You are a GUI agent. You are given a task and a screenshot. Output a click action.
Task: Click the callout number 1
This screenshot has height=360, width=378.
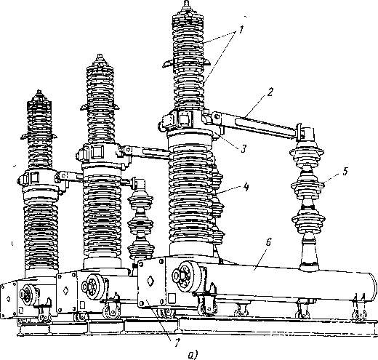tap(241, 30)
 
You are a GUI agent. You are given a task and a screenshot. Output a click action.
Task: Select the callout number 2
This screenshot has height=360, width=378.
tap(270, 92)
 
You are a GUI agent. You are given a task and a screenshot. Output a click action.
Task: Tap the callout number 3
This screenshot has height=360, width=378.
tap(244, 148)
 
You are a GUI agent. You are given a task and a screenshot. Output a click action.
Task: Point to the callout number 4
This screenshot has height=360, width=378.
tap(246, 187)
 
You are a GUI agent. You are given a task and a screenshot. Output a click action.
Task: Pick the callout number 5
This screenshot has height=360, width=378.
tap(345, 171)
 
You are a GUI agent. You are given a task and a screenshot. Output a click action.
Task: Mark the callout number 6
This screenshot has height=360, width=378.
tap(268, 243)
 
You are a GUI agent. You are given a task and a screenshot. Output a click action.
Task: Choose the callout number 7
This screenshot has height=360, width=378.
tap(177, 343)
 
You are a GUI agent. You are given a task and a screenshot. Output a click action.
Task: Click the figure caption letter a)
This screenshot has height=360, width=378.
tap(193, 355)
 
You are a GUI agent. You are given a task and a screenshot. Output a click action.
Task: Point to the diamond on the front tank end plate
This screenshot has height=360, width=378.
tap(150, 281)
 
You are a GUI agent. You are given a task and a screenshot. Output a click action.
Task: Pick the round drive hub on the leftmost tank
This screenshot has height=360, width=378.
tap(28, 294)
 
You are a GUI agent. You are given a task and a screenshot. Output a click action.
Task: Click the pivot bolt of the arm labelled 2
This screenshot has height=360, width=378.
tap(217, 116)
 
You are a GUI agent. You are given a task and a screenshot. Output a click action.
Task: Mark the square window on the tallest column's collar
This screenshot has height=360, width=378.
tap(185, 119)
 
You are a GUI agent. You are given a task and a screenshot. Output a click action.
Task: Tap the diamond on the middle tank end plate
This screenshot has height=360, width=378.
tap(65, 290)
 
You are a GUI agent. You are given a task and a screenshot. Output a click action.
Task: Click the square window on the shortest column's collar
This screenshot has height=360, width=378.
tap(34, 177)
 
